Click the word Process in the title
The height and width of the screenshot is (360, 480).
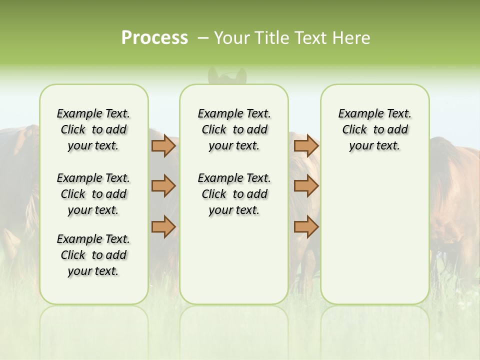pyautogui.click(x=154, y=38)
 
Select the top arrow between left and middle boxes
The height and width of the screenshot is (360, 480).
pyautogui.click(x=163, y=146)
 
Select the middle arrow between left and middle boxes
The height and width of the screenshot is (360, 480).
pyautogui.click(x=163, y=186)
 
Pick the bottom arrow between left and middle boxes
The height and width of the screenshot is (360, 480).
pyautogui.click(x=163, y=226)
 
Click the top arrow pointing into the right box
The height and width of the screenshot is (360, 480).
pyautogui.click(x=306, y=146)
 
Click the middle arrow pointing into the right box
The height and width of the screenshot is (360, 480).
pyautogui.click(x=306, y=186)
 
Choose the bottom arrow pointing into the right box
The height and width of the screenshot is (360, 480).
pyautogui.click(x=306, y=226)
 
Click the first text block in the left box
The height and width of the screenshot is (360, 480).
pyautogui.click(x=93, y=129)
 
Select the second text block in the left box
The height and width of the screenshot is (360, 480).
pyautogui.click(x=93, y=194)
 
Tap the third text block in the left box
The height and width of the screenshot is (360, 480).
pyautogui.click(x=93, y=255)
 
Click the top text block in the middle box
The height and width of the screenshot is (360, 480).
pyautogui.click(x=234, y=129)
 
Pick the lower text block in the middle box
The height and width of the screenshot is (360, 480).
pyautogui.click(x=234, y=194)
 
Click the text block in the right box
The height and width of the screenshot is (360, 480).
pyautogui.click(x=375, y=129)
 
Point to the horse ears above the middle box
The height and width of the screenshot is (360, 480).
pyautogui.click(x=227, y=75)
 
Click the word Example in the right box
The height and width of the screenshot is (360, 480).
pyautogui.click(x=356, y=114)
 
